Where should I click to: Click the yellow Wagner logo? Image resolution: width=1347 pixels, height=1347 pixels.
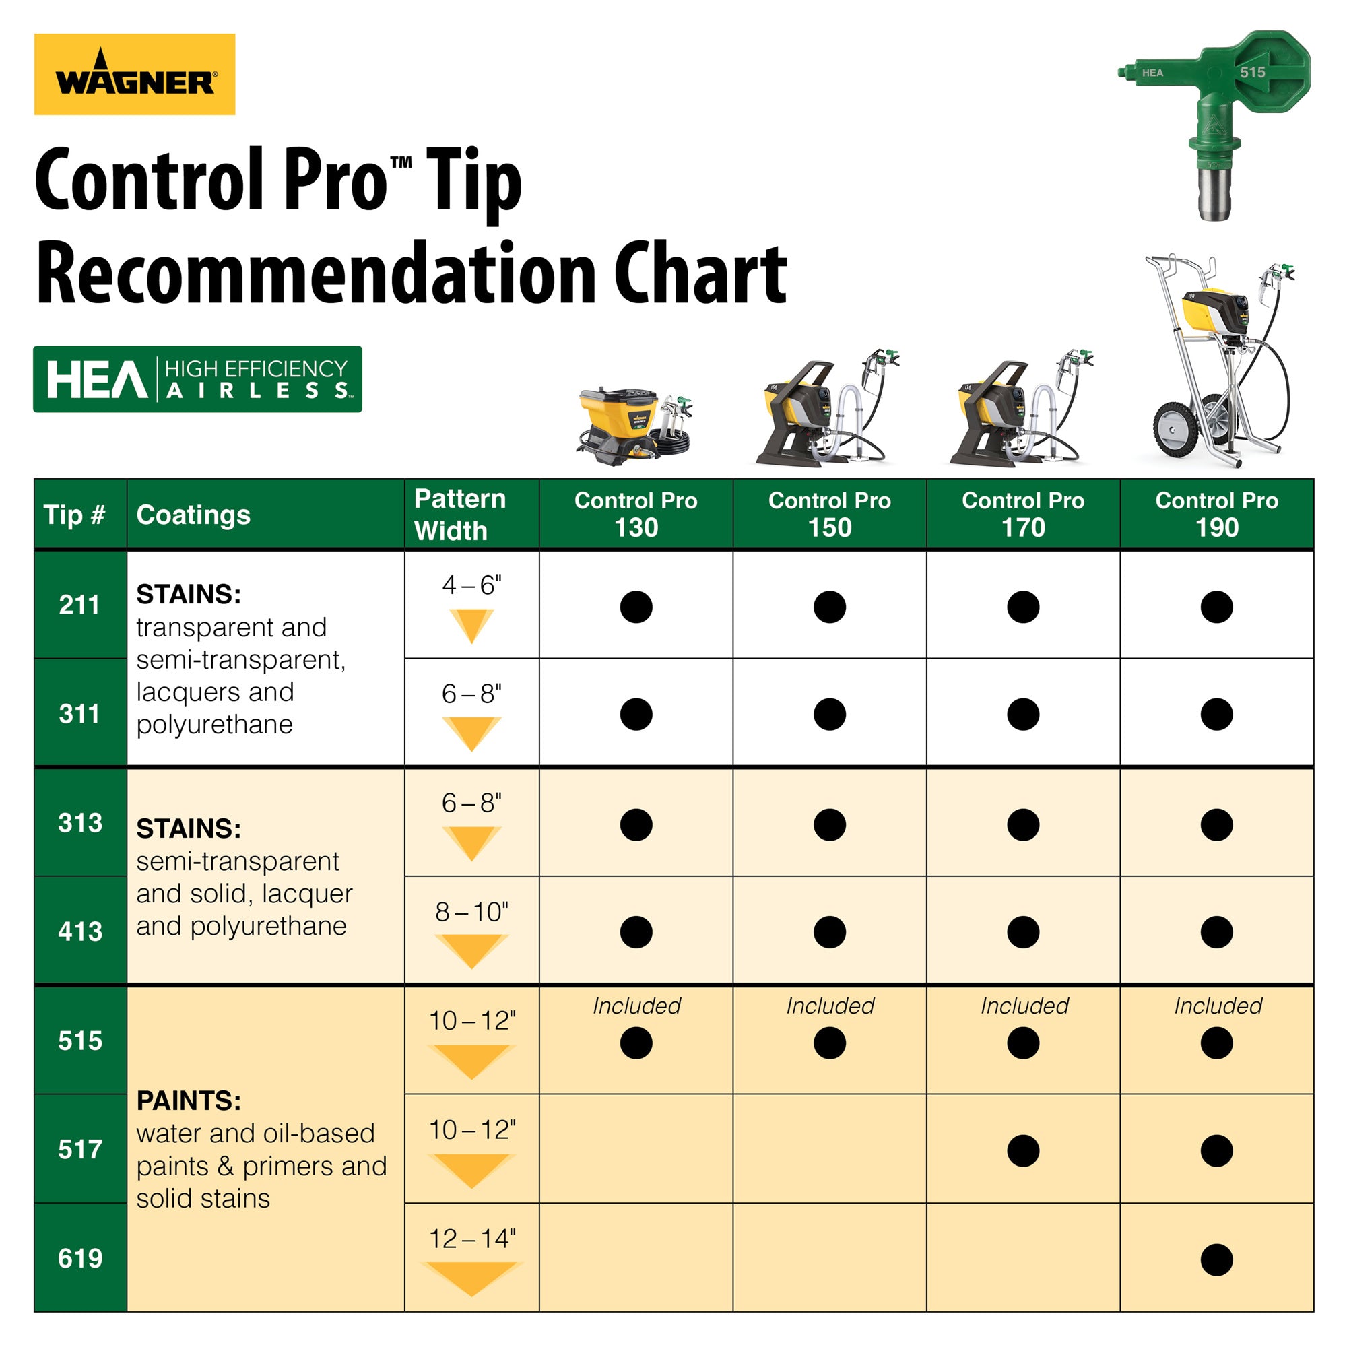[135, 74]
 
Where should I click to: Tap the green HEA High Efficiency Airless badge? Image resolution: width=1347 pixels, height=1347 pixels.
[197, 379]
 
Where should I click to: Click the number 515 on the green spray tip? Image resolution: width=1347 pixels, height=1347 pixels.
[1252, 73]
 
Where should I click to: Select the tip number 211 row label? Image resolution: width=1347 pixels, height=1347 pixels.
[79, 605]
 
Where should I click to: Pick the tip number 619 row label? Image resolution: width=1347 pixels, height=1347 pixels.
[80, 1259]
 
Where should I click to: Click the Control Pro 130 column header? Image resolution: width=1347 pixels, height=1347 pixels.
[636, 514]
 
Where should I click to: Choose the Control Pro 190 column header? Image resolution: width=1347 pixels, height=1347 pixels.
[1216, 514]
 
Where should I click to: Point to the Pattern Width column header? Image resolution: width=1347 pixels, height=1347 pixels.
[460, 515]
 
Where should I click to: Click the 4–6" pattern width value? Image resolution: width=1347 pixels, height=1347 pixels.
[472, 585]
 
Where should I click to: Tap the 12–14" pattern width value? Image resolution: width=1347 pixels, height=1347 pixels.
[472, 1239]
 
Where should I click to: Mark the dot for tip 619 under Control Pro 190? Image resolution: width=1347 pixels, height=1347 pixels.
[1216, 1260]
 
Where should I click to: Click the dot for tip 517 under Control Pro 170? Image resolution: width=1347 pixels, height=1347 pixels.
[1023, 1150]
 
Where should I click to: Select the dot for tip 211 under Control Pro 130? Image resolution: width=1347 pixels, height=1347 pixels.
[636, 607]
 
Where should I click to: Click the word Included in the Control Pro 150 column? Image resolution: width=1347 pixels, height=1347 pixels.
[830, 1006]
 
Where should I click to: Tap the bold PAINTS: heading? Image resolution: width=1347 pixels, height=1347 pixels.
[189, 1100]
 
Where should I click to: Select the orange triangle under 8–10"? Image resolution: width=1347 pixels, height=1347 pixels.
[472, 950]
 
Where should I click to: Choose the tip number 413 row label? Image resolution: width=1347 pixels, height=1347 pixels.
[80, 931]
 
